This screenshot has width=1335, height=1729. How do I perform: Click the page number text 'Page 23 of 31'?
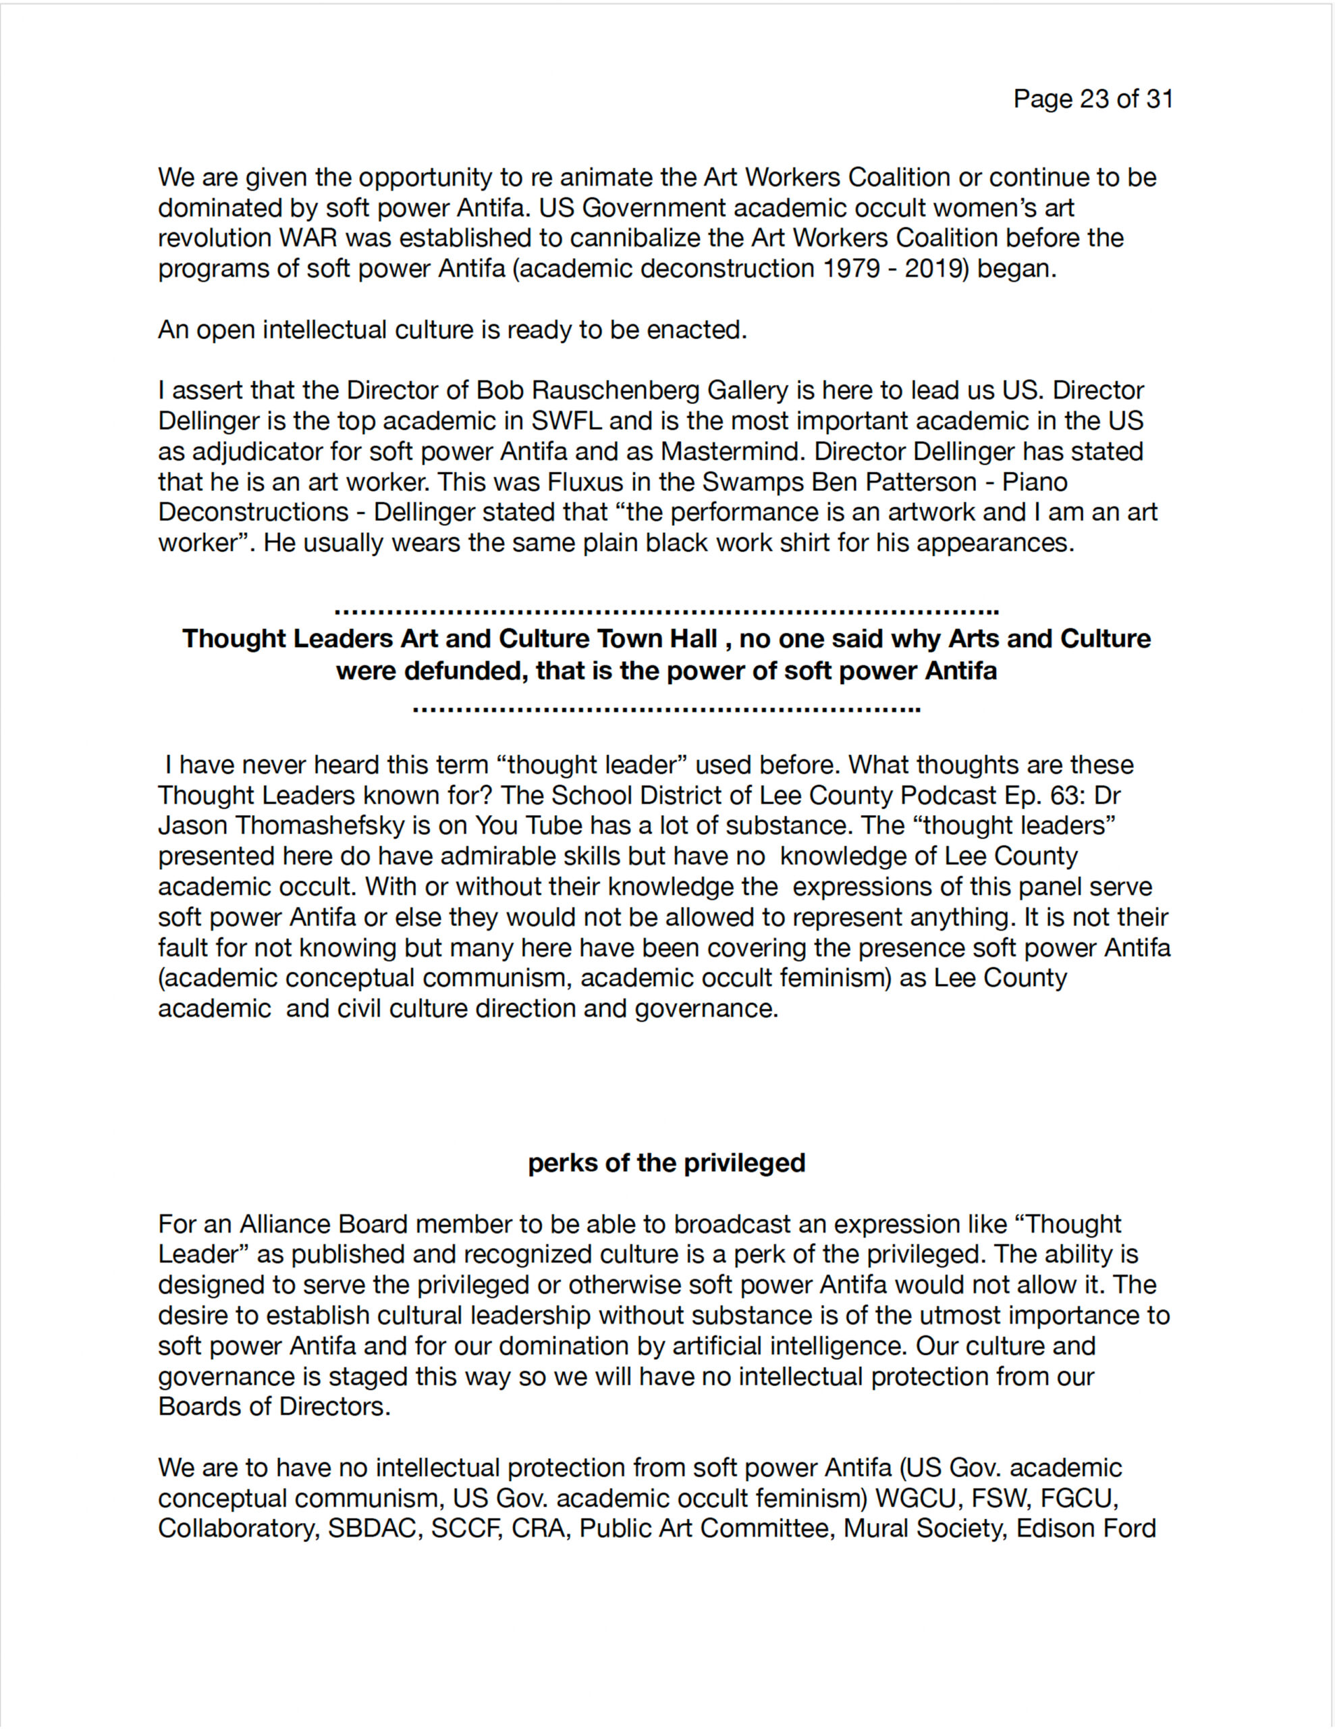[1093, 99]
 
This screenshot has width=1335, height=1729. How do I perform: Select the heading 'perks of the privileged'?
[666, 1163]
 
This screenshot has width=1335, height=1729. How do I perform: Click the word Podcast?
[945, 795]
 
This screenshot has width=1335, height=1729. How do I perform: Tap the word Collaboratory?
[238, 1528]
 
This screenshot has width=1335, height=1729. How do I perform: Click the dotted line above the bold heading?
[666, 612]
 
